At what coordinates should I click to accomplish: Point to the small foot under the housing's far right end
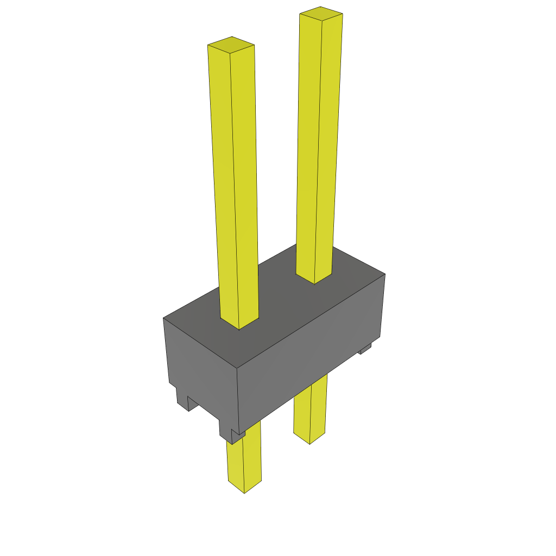click(x=365, y=349)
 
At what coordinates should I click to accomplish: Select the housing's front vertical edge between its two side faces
click(x=238, y=396)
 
